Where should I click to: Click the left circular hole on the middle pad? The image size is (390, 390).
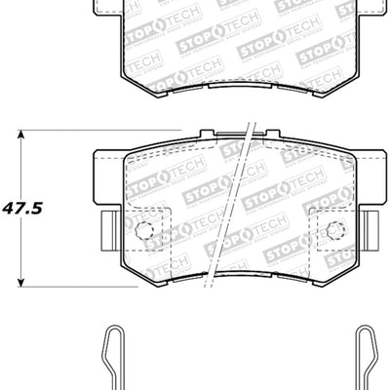(x=144, y=231)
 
